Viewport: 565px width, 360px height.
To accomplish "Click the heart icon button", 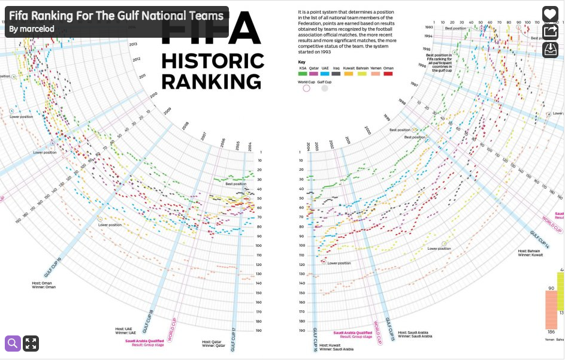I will tap(550, 15).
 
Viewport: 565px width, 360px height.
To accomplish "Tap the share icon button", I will tap(550, 32).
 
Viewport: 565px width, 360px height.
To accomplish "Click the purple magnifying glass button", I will tap(13, 343).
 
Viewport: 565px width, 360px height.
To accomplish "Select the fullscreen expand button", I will tap(31, 343).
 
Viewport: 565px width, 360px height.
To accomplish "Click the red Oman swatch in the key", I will tap(388, 74).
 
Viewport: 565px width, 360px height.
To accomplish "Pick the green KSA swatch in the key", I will tap(303, 74).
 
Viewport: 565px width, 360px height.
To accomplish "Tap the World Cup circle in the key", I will tap(306, 88).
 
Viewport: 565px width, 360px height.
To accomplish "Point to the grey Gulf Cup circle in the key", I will tap(325, 88).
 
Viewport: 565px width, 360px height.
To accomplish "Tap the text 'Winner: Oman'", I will tap(44, 287).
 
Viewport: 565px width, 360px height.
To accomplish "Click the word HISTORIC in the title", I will tap(213, 61).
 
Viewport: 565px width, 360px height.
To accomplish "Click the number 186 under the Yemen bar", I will tap(550, 332).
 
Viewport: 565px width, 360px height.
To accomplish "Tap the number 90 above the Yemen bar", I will tap(551, 289).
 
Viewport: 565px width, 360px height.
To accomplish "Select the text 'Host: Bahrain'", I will tap(530, 250).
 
